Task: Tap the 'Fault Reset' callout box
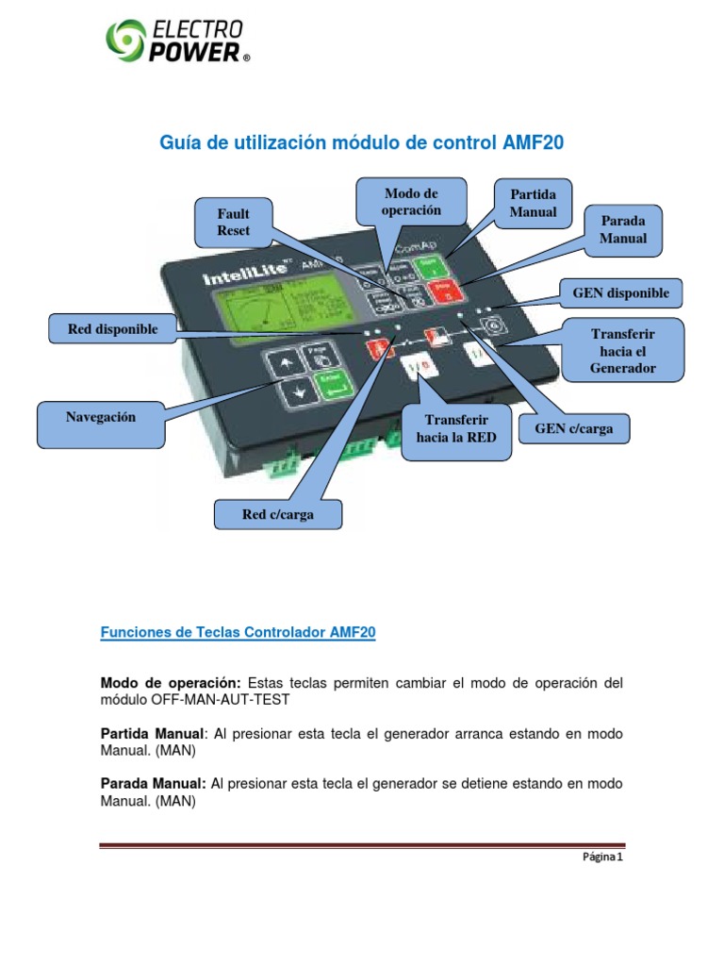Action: tap(234, 223)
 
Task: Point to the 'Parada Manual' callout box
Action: tap(623, 229)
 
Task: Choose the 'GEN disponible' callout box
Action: tap(620, 293)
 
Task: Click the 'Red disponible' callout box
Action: tap(112, 329)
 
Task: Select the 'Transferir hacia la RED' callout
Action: tap(455, 428)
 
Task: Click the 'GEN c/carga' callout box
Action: tap(573, 429)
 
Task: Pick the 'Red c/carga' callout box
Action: tap(277, 515)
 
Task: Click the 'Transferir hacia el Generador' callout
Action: tap(621, 351)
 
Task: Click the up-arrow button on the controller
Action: tap(282, 363)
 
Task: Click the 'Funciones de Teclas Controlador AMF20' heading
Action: tap(238, 634)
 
